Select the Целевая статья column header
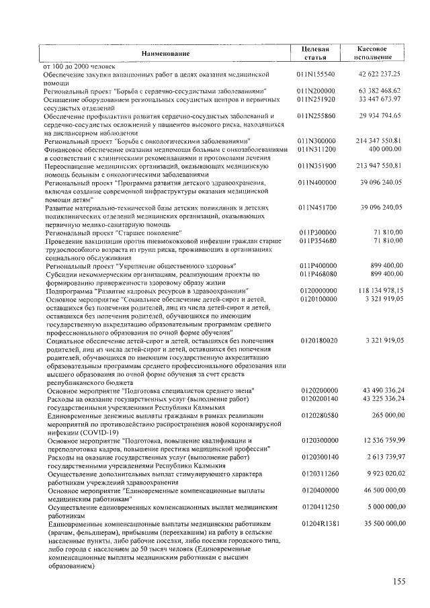click(316, 54)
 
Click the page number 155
click(400, 582)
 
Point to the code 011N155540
click(316, 74)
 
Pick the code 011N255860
click(316, 116)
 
